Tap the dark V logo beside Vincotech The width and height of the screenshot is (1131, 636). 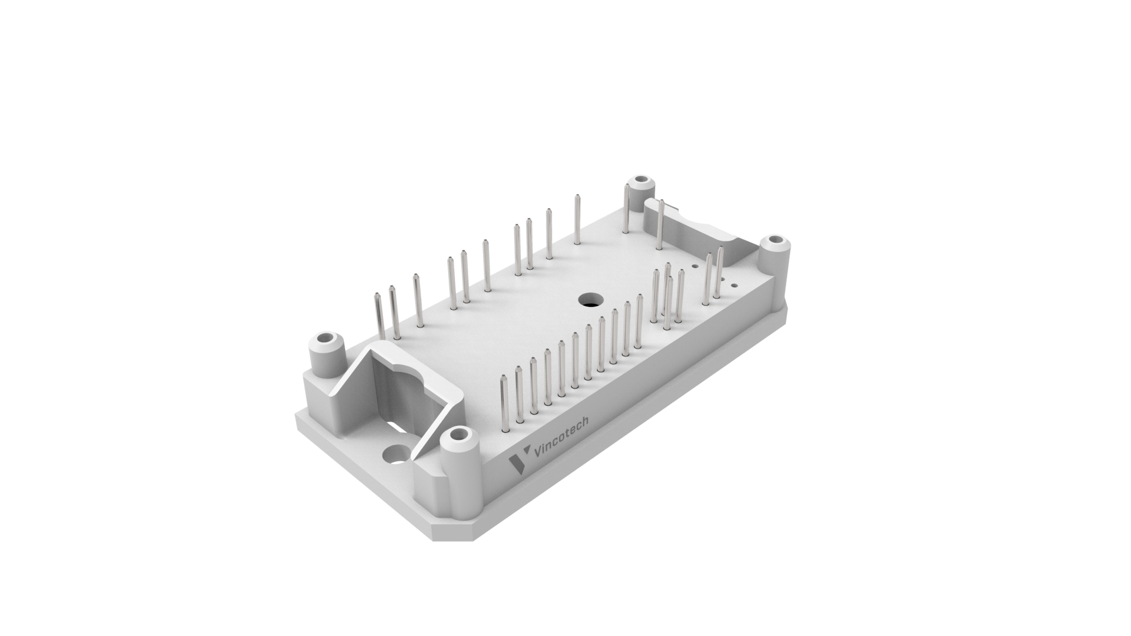[x=517, y=462]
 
